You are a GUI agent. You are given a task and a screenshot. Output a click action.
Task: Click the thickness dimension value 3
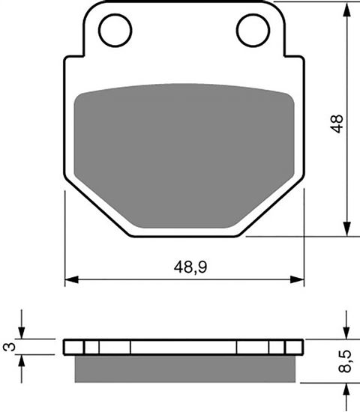tap(9, 346)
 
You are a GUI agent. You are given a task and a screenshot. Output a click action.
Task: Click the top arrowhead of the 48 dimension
tap(346, 7)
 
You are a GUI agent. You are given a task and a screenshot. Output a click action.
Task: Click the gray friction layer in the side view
tap(184, 368)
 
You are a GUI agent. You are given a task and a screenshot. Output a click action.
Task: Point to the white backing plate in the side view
tap(184, 347)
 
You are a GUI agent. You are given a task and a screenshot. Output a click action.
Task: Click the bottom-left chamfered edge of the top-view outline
tap(97, 208)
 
